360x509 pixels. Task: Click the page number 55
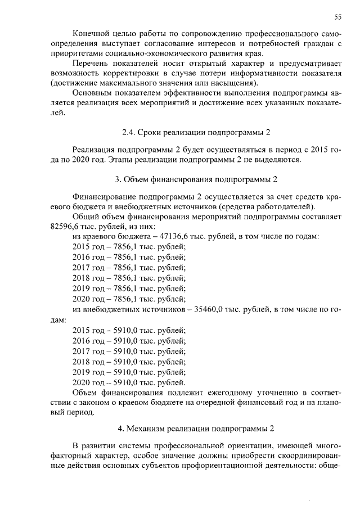coord(338,15)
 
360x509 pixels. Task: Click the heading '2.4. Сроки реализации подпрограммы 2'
coord(196,133)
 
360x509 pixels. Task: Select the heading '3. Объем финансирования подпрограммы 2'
coord(196,180)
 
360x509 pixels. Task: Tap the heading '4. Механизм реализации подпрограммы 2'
coord(196,429)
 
